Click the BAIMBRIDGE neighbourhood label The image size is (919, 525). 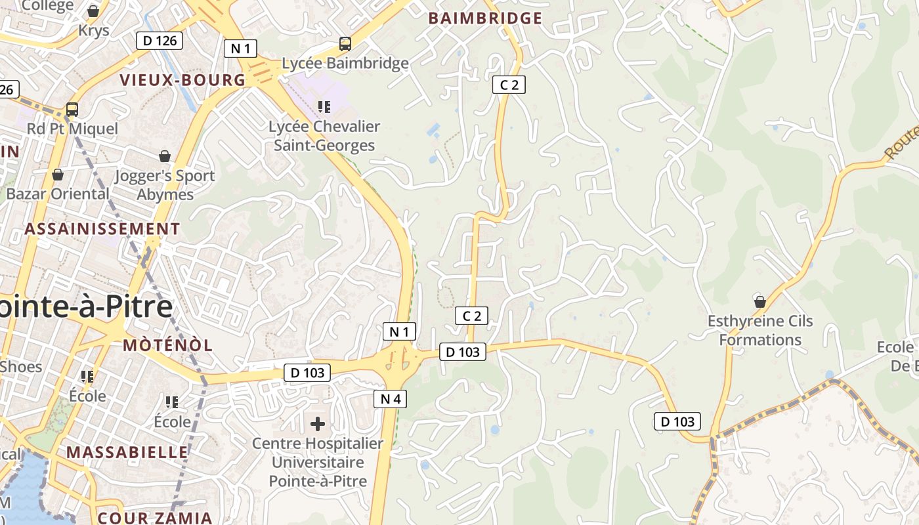point(485,18)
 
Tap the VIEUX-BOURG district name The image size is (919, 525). point(182,80)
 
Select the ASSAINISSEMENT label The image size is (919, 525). point(102,229)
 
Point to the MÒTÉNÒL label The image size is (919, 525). point(168,345)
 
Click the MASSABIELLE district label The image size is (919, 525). point(127,452)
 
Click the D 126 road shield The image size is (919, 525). point(160,41)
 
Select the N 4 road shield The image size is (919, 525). point(390,398)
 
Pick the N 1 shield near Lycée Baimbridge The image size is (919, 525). point(240,48)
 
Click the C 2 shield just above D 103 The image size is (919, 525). point(472,316)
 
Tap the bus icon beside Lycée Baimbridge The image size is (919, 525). point(345,44)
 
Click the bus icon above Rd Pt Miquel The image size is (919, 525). point(72,109)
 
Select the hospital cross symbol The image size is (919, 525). point(318,424)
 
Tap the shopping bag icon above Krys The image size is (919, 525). point(93,11)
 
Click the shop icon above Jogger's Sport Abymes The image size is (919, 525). point(165,156)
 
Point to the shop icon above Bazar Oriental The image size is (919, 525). point(58,175)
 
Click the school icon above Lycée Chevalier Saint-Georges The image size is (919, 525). point(324,106)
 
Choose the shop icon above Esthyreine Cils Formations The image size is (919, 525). point(760,302)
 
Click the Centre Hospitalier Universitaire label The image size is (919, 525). point(318,462)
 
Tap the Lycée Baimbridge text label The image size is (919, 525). point(345,64)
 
